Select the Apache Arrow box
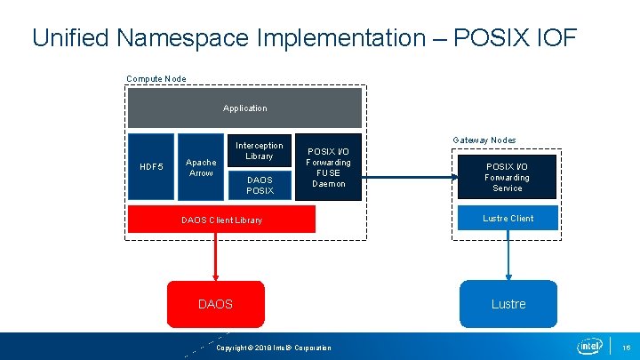coord(201,167)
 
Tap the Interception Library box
coord(259,150)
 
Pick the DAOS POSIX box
coord(259,185)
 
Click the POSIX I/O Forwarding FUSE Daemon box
coord(328,167)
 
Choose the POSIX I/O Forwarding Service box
coord(507,178)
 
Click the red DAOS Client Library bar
coord(221,220)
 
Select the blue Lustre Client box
coord(508,219)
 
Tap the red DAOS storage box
coord(215,304)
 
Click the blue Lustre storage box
coord(508,304)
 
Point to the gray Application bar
coord(244,108)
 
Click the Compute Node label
coord(156,79)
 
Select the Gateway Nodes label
coord(484,140)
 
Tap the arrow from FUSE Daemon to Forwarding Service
coord(409,178)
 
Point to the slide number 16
coord(626,347)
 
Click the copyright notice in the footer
coord(274,348)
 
